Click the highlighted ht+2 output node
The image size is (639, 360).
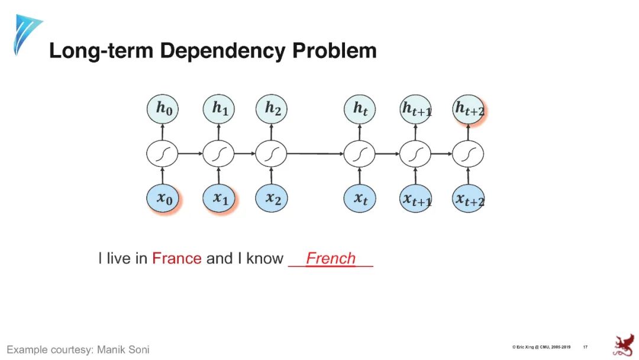[x=469, y=110]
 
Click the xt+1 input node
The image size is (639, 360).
[x=416, y=200]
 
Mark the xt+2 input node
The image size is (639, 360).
[x=469, y=200]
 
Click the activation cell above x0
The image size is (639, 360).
[x=162, y=154]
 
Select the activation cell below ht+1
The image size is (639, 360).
[x=416, y=154]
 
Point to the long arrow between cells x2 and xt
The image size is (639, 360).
[x=315, y=154]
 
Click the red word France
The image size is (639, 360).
[x=176, y=259]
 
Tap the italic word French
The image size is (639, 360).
[x=331, y=259]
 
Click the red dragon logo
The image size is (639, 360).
[x=622, y=345]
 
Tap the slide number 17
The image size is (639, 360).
[x=585, y=346]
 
